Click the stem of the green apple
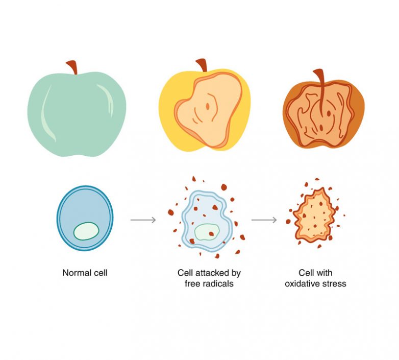[x=72, y=67]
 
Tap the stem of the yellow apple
[x=203, y=65]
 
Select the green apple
[x=77, y=115]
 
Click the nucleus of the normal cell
[x=86, y=231]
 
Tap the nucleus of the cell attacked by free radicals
[x=207, y=232]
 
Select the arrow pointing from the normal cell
[x=143, y=220]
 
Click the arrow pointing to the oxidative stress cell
[x=264, y=220]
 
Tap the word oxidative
[x=301, y=283]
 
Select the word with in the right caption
[x=325, y=273]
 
